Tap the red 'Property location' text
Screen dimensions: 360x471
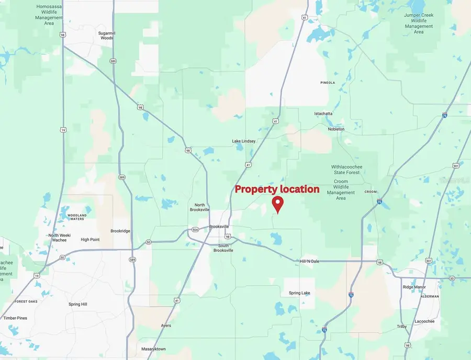(x=277, y=189)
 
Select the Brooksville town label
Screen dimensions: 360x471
(x=219, y=227)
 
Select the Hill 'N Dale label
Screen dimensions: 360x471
(x=309, y=261)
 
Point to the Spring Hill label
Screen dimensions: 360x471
(x=77, y=304)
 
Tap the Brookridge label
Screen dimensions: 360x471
(x=120, y=231)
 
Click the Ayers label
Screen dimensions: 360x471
(x=166, y=325)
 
